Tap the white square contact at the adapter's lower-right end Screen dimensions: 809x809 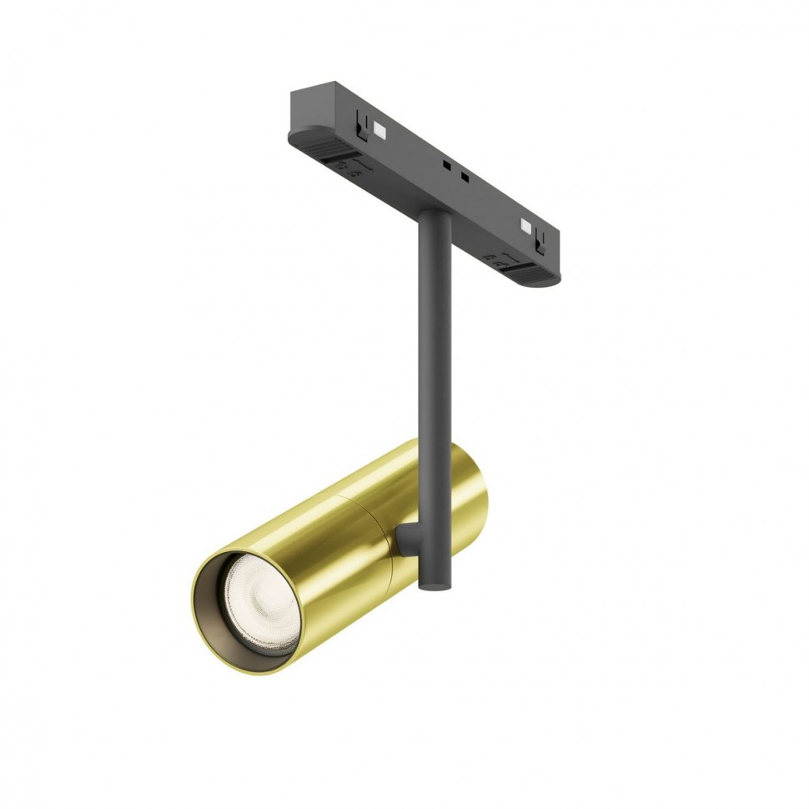click(x=525, y=224)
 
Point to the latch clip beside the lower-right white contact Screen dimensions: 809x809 click(x=540, y=240)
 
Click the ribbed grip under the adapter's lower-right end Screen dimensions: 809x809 click(x=535, y=271)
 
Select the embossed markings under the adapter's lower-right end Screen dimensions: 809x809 click(x=500, y=261)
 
